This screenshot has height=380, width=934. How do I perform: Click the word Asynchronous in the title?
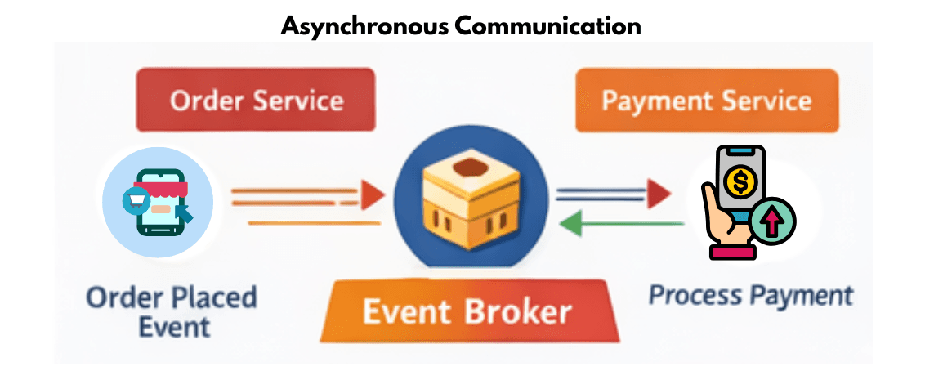point(364,25)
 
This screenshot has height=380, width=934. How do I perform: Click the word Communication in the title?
point(547,25)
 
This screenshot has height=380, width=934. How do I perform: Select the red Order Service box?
point(256,101)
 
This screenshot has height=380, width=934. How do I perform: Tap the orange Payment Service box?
point(707,101)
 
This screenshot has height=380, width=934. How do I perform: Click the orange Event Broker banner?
point(467,313)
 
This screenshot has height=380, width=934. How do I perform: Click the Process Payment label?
point(751,295)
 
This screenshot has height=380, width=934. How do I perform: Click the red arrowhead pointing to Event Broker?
point(373,194)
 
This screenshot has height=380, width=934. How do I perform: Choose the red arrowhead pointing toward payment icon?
point(659,194)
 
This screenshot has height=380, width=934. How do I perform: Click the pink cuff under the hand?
point(732,253)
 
